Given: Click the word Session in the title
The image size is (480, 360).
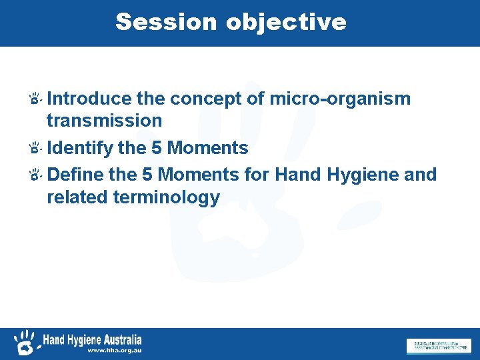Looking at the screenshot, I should coord(167,22).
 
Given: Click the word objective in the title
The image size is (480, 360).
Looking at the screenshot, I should coord(286,22).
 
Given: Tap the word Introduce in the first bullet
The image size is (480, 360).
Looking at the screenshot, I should coord(90,99).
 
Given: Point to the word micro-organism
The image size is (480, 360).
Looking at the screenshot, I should coord(340,99).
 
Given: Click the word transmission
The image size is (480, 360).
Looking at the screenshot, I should coord(104,121).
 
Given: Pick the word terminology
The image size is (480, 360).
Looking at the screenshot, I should coord(167,197).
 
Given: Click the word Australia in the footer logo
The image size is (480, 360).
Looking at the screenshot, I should coord(121,339).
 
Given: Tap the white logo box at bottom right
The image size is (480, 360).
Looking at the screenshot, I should coord(438,345).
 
